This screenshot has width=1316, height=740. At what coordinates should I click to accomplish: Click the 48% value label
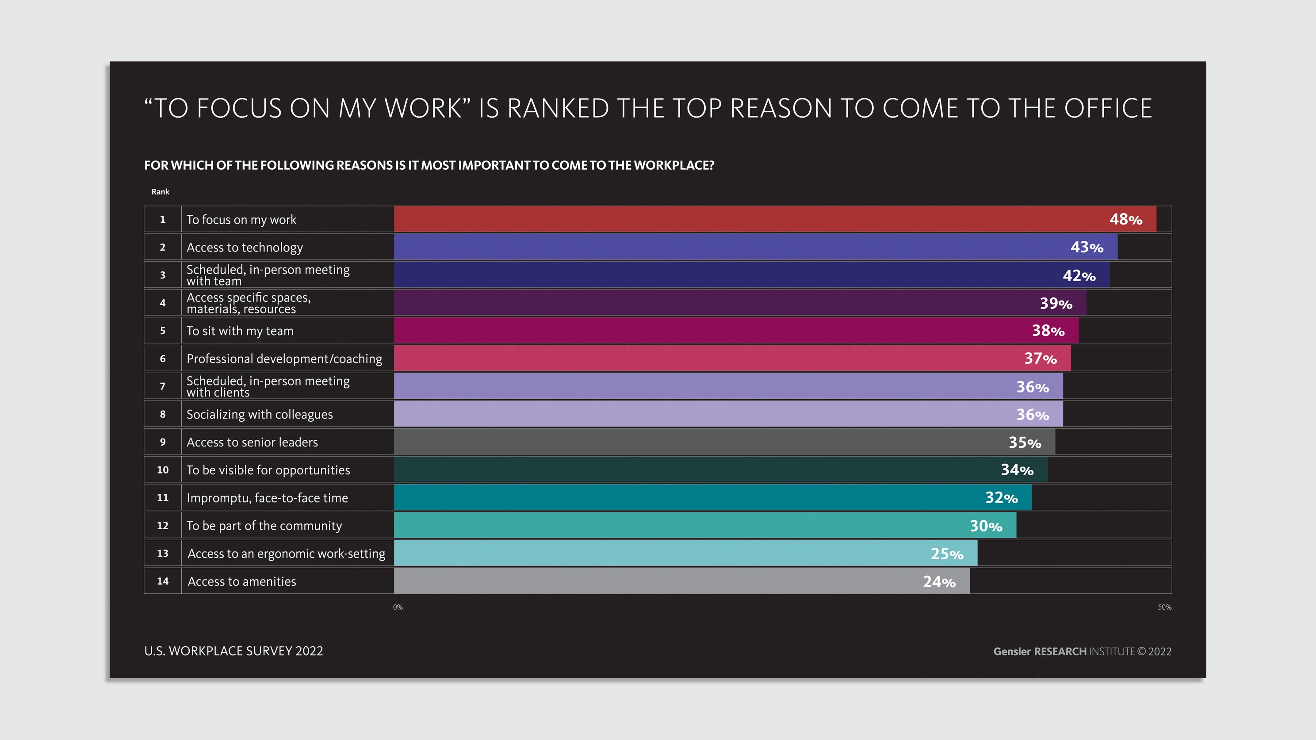tap(1125, 220)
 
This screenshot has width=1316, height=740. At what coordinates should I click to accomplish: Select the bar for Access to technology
tap(756, 247)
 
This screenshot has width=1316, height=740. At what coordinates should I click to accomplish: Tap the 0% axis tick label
tap(398, 607)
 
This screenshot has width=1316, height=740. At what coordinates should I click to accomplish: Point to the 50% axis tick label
tap(1165, 607)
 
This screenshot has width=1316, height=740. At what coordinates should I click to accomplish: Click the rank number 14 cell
tap(162, 581)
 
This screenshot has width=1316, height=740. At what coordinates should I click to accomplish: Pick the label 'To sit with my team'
tap(240, 331)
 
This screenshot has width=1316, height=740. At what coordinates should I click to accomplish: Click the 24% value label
tap(939, 582)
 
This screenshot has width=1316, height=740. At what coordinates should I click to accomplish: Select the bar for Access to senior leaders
tap(724, 442)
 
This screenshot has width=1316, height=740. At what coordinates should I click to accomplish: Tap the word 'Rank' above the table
tap(161, 192)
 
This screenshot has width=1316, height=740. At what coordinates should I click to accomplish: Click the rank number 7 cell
tap(162, 386)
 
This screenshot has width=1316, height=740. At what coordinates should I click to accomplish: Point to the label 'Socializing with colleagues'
tap(260, 415)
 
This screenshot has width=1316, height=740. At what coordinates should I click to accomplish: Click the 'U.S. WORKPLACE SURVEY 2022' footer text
tap(233, 651)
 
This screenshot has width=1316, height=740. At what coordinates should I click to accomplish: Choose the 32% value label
tap(1001, 498)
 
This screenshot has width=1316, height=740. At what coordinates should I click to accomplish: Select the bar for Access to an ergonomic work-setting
tap(685, 553)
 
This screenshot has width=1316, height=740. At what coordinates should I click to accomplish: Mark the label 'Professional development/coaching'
tap(284, 359)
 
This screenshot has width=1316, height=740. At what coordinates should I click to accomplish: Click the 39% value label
tap(1056, 303)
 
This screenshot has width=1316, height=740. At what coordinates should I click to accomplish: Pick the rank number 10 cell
tap(162, 470)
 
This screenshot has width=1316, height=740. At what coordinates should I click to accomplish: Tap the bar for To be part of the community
tap(705, 526)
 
